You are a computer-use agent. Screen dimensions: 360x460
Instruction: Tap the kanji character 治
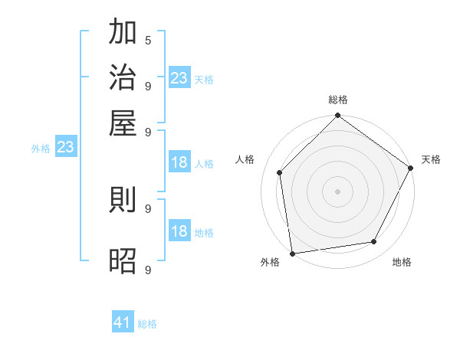(123, 78)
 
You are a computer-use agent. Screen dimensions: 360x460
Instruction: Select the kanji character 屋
(123, 123)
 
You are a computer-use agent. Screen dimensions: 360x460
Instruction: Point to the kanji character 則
(123, 201)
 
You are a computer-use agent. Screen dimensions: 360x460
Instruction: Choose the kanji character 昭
(123, 260)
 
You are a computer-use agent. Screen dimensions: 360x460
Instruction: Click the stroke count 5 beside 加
(148, 40)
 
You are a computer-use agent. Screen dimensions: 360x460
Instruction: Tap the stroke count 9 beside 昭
(148, 270)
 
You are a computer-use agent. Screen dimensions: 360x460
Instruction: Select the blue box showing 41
(123, 322)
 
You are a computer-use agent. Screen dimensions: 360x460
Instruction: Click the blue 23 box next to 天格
(179, 77)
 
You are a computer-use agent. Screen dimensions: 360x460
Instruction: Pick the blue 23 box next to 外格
(65, 147)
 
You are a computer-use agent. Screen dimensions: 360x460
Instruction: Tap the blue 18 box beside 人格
(179, 162)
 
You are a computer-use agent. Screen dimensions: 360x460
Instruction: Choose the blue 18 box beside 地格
(179, 231)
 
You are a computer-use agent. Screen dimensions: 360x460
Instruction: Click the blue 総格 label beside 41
(147, 324)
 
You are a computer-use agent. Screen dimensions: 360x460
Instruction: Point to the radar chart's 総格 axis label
(338, 100)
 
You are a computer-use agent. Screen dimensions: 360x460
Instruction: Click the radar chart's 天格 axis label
(431, 159)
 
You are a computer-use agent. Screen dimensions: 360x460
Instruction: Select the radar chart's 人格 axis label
(245, 159)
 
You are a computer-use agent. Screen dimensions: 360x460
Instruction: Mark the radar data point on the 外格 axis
(292, 254)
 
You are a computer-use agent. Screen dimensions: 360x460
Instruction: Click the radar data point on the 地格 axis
(374, 241)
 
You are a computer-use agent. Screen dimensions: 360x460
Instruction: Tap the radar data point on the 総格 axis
(338, 116)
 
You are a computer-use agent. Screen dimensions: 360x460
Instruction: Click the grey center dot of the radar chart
(338, 191)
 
